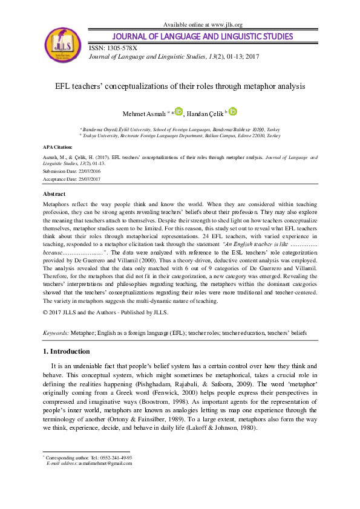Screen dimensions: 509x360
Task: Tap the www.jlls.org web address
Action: click(x=226, y=24)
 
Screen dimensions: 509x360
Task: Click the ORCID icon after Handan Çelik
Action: click(x=234, y=111)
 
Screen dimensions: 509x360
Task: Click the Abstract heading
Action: click(x=54, y=194)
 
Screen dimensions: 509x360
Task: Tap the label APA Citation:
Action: click(x=58, y=147)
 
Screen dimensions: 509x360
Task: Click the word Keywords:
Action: click(x=56, y=333)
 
